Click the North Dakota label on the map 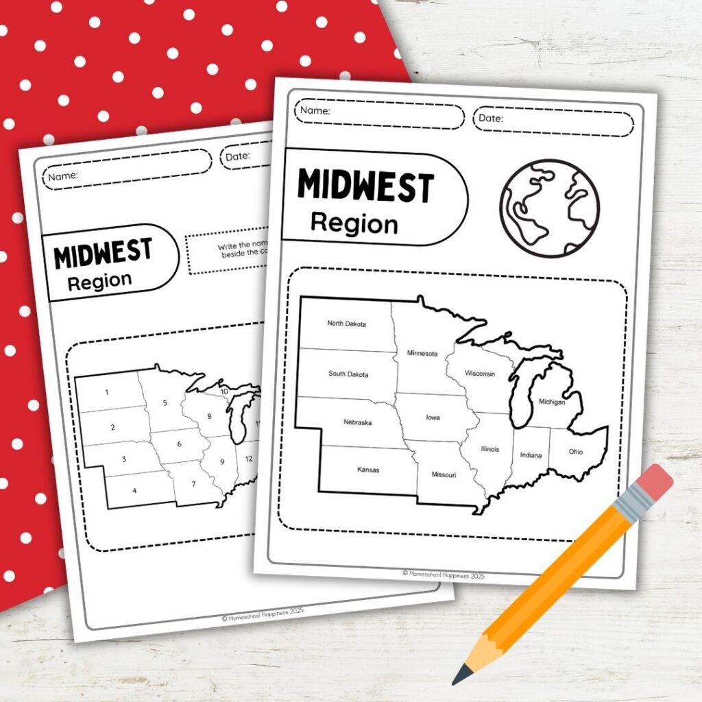pyautogui.click(x=346, y=323)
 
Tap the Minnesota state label pyautogui.click(x=422, y=353)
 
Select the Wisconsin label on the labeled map pyautogui.click(x=480, y=374)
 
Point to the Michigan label pyautogui.click(x=552, y=402)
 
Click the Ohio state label pyautogui.click(x=576, y=451)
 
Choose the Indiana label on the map pyautogui.click(x=531, y=455)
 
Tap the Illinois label pyautogui.click(x=489, y=449)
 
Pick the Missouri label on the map pyautogui.click(x=444, y=474)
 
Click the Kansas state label pyautogui.click(x=367, y=470)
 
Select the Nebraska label pyautogui.click(x=357, y=422)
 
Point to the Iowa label pyautogui.click(x=433, y=417)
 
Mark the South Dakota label pyautogui.click(x=348, y=374)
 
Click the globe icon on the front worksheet pyautogui.click(x=549, y=208)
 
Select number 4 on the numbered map pyautogui.click(x=134, y=490)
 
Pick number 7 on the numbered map pyautogui.click(x=194, y=485)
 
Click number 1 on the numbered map pyautogui.click(x=106, y=392)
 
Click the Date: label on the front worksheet pyautogui.click(x=491, y=119)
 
